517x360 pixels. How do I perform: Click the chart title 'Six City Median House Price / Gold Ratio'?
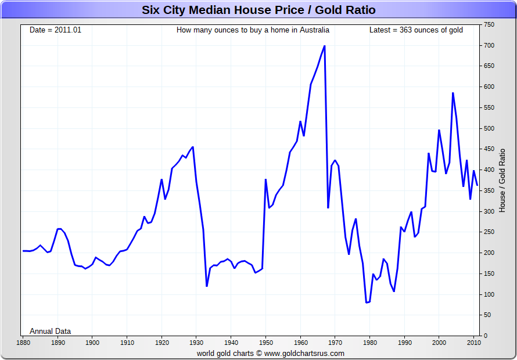click(258, 10)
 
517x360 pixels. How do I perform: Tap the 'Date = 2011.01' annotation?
click(56, 30)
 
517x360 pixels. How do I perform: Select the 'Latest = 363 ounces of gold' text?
click(416, 30)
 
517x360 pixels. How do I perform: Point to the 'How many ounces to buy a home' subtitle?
click(253, 30)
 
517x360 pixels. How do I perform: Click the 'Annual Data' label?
click(51, 331)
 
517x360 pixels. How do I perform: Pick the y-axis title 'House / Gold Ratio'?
click(502, 180)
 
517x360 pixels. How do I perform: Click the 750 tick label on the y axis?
click(489, 25)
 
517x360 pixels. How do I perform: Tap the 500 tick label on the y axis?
click(489, 128)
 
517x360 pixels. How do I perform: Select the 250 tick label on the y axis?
click(489, 232)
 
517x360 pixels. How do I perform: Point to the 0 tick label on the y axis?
click(486, 336)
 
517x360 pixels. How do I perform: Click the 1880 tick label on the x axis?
click(23, 343)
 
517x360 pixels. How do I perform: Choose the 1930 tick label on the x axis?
click(196, 343)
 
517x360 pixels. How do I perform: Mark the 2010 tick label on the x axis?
click(473, 343)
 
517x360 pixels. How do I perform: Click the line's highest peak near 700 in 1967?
click(324, 46)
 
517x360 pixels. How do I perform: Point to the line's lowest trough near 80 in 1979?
click(366, 303)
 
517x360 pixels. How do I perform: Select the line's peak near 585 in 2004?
click(453, 93)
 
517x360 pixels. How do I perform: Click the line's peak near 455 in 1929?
click(193, 147)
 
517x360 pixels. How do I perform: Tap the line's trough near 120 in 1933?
click(207, 286)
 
